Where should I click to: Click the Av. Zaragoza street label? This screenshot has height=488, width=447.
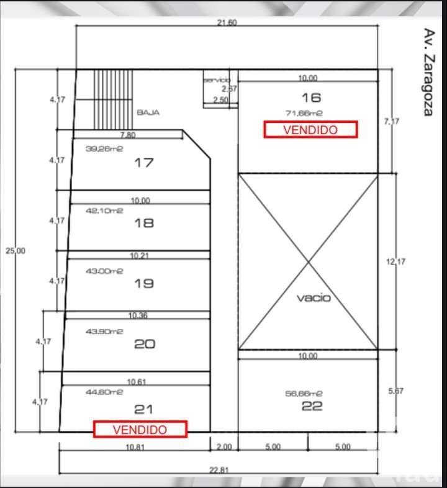tap(428, 72)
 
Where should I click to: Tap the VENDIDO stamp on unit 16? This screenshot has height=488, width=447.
tap(310, 129)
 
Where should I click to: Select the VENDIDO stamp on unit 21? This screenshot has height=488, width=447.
tap(140, 429)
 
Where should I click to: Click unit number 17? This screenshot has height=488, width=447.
tap(144, 163)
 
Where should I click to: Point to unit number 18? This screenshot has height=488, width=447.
tap(144, 223)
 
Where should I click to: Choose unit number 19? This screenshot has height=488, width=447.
tap(144, 283)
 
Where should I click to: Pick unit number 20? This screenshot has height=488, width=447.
tap(144, 343)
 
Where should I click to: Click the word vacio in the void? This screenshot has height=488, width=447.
tap(314, 298)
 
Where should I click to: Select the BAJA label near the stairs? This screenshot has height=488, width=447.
tap(148, 112)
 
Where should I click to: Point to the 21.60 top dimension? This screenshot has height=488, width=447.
tap(227, 23)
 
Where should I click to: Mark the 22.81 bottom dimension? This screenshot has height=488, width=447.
tap(218, 470)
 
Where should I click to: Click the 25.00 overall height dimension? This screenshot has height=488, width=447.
tap(16, 251)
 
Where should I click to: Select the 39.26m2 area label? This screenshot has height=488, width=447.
tap(104, 149)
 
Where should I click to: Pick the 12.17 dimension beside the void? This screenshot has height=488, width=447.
tap(395, 262)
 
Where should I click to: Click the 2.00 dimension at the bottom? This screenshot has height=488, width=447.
tap(223, 447)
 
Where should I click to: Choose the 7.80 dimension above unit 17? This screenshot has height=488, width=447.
tap(127, 135)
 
